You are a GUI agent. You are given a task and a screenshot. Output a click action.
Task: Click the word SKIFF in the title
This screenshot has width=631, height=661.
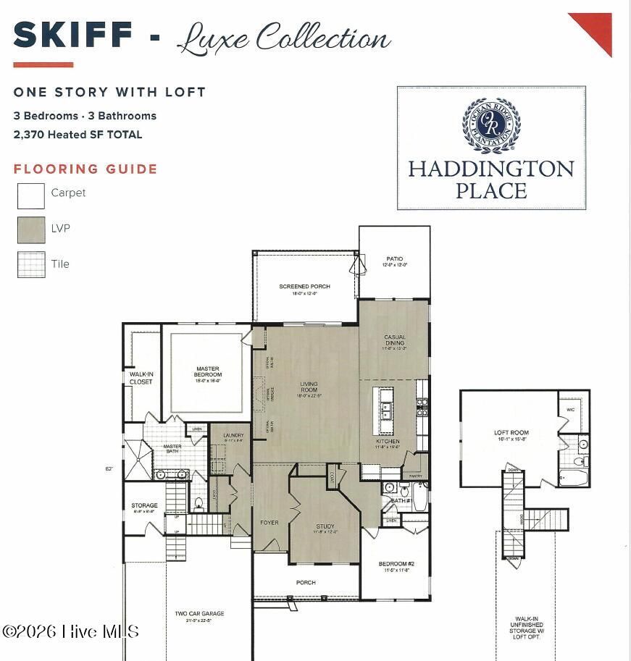coord(72,35)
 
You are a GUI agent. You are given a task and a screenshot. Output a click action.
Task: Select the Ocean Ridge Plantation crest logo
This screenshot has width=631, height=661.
coord(491,125)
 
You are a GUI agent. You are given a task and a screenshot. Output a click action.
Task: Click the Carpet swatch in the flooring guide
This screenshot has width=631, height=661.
coord(31,195)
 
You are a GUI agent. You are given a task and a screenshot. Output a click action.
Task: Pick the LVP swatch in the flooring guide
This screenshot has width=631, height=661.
coord(31,230)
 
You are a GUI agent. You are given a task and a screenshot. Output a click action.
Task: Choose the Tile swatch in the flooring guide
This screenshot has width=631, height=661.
coord(31,264)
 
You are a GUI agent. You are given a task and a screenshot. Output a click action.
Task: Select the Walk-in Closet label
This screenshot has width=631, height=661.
coord(141,378)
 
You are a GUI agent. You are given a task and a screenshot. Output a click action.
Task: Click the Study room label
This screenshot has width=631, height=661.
coord(325,528)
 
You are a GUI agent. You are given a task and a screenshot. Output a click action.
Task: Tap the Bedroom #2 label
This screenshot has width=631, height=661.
coord(396,566)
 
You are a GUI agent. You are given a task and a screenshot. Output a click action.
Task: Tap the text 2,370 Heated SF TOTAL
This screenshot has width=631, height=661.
coord(78,135)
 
